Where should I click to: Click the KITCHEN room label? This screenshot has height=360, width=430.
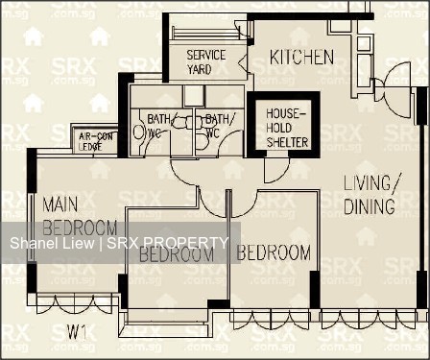(x=301, y=58)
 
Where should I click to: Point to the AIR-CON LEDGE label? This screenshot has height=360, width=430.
(x=96, y=140)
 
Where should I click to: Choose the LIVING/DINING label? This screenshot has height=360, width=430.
(x=369, y=194)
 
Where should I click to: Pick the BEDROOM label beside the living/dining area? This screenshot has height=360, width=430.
(x=274, y=252)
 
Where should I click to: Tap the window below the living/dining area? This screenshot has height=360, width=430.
(x=369, y=317)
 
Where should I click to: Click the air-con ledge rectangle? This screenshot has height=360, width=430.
(x=96, y=140)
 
